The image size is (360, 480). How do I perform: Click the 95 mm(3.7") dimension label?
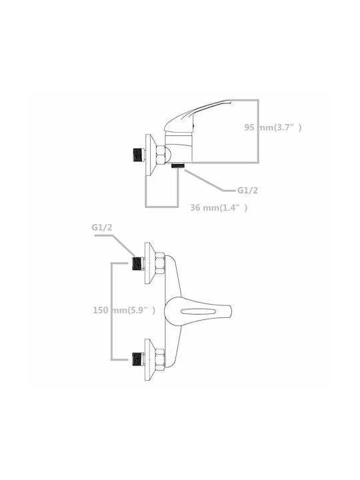pos(273,127)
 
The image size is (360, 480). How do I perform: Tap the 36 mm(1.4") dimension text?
pos(219,207)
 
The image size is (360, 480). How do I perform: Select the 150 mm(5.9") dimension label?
pos(124,310)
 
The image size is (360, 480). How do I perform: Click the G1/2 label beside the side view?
pos(247,191)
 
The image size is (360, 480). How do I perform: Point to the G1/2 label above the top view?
pos(102,227)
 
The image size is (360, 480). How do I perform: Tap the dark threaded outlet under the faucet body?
pos(178,165)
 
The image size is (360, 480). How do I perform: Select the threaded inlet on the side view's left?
pos(139,155)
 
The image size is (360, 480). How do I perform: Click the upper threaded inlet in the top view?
pos(138,263)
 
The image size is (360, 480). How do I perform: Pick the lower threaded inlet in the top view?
pos(138,359)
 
